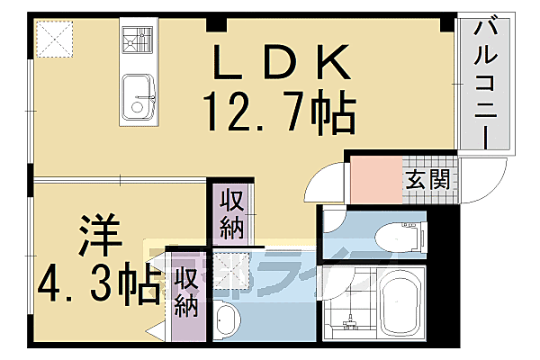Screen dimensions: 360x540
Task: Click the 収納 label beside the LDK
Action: pos(231,212)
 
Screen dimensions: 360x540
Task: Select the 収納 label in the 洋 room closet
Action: pos(187,293)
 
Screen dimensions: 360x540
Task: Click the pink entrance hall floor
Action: pos(373,178)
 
